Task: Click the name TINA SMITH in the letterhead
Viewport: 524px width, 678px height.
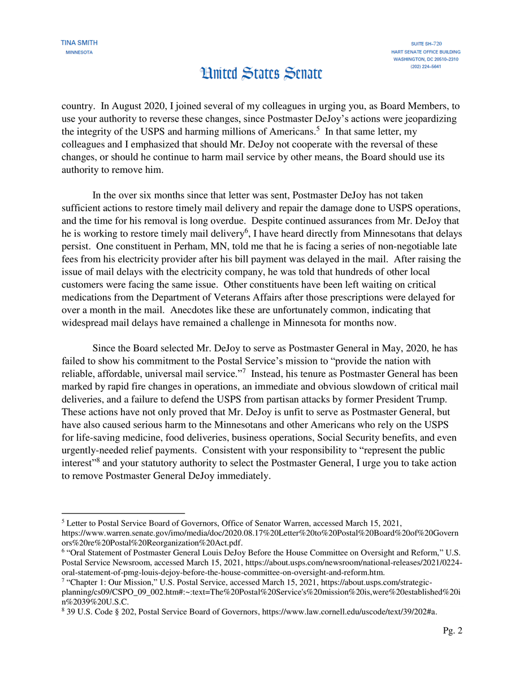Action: (x=79, y=43)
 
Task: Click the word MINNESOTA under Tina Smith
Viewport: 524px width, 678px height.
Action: (x=79, y=53)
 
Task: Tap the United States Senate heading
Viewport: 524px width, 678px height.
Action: (x=262, y=73)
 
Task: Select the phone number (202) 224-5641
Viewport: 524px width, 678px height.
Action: (x=426, y=67)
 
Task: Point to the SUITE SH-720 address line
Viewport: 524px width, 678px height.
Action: (x=426, y=44)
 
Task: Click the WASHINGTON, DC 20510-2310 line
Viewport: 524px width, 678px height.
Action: (x=426, y=59)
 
